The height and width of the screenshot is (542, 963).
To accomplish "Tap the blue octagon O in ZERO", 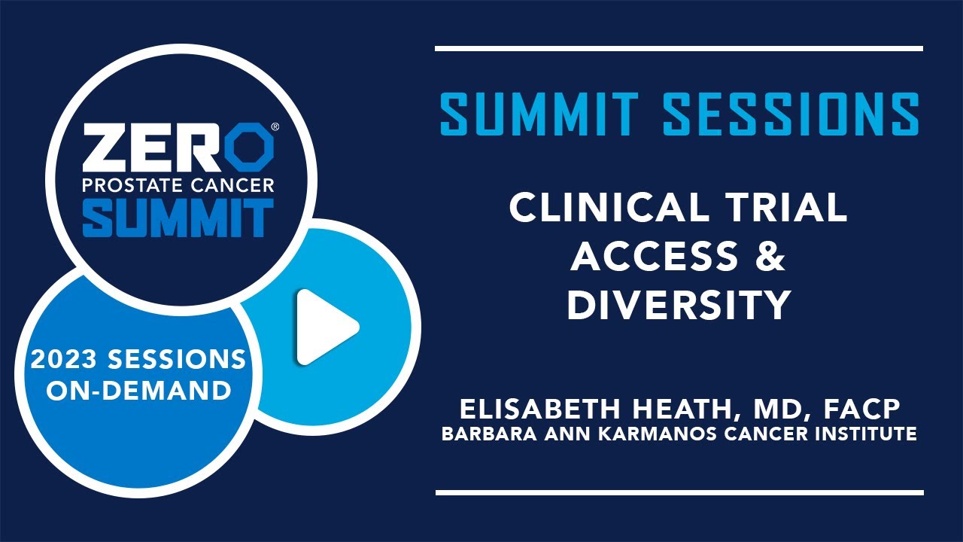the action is coord(249,147).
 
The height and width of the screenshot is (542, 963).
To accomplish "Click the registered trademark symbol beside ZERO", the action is coord(275,127).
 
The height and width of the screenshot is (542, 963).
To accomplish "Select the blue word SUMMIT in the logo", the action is coord(178,218).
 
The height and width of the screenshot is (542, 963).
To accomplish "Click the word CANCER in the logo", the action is coord(226,186).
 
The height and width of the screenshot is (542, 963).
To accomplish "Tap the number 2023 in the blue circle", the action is coord(64,359).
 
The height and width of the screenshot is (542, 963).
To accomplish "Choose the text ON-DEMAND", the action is coord(139,391).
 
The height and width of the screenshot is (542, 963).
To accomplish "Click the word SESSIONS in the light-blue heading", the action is coord(791,114).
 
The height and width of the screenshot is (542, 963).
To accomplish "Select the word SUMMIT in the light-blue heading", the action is coord(539,114).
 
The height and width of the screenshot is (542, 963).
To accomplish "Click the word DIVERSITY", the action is coord(679,305).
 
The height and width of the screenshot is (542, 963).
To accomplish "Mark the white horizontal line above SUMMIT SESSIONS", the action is coord(679,49).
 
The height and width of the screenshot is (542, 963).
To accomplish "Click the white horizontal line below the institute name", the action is coord(679,492).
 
